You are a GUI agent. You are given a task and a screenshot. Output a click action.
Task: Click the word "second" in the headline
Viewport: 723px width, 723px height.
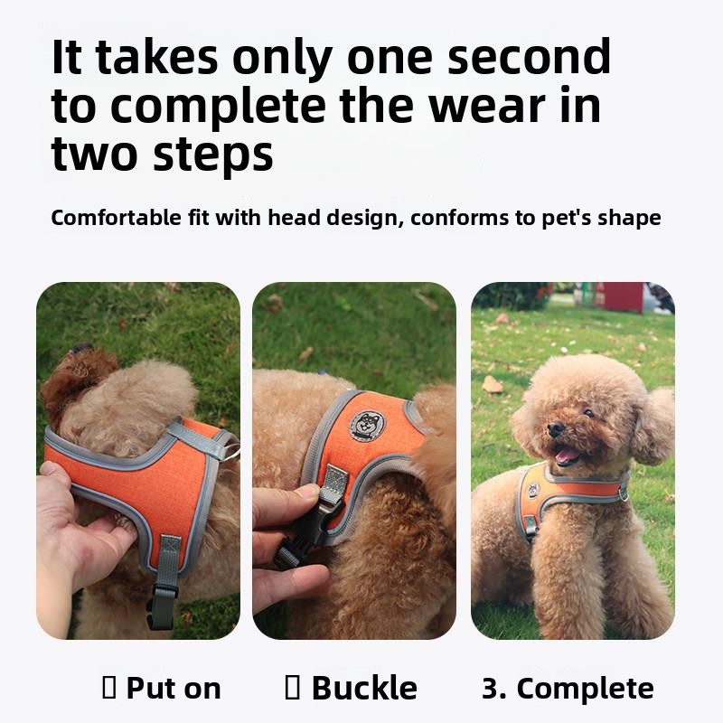pos(529,56)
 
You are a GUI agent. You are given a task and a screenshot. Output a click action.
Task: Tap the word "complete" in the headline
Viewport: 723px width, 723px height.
pos(218,106)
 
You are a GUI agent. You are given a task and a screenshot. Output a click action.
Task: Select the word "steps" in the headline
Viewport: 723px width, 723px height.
pos(213,155)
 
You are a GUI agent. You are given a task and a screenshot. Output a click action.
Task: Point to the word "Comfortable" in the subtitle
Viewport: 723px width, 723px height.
pos(116,217)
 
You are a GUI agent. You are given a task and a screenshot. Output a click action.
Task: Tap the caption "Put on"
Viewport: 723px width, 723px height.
pos(174,689)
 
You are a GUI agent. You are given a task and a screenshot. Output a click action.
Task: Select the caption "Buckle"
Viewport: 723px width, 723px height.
pos(364,688)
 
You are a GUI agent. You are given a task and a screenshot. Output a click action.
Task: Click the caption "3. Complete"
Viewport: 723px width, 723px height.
pos(568,689)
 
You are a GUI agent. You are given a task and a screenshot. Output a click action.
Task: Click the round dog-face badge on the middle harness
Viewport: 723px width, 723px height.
pos(368,425)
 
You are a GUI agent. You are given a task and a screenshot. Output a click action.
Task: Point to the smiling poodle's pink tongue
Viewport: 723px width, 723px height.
pos(568,455)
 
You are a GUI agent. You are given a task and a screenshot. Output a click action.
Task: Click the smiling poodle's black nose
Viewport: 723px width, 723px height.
pos(555,429)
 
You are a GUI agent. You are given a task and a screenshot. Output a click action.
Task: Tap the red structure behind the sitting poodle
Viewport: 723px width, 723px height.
pos(619,296)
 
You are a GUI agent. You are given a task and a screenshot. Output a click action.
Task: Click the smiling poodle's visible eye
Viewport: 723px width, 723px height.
pos(589,412)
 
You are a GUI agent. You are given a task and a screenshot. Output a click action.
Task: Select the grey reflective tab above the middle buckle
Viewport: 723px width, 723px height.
pos(333,479)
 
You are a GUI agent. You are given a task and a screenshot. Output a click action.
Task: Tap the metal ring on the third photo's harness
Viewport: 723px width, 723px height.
pos(623,493)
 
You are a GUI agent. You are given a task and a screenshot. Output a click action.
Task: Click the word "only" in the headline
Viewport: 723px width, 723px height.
pos(282,58)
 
